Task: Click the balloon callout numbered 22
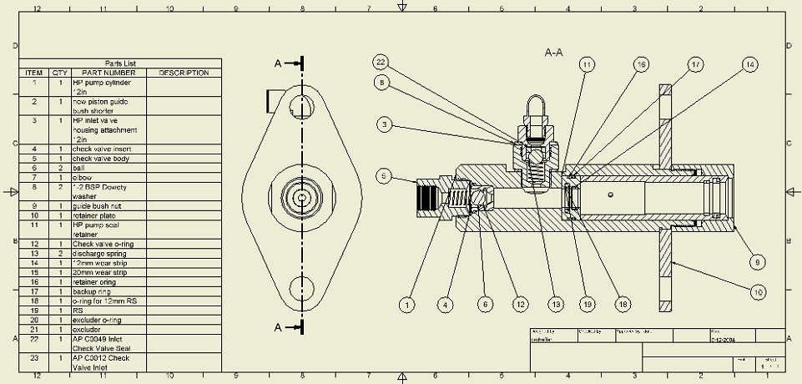pyautogui.click(x=381, y=63)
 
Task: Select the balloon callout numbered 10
pyautogui.click(x=758, y=292)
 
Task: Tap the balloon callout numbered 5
pyautogui.click(x=383, y=176)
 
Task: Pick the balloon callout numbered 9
pyautogui.click(x=757, y=262)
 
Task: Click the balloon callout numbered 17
pyautogui.click(x=696, y=64)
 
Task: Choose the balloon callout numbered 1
pyautogui.click(x=406, y=306)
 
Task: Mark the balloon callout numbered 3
pyautogui.click(x=383, y=125)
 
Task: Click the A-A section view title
pyautogui.click(x=553, y=53)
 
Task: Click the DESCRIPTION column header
pyautogui.click(x=184, y=73)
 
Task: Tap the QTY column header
pyautogui.click(x=60, y=73)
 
